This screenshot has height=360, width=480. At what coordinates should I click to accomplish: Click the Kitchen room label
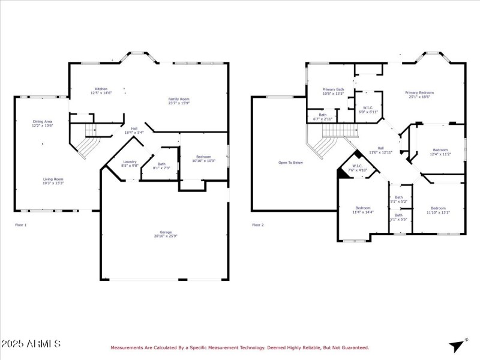coord(101,91)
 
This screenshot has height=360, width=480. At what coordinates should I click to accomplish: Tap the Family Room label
coord(178,101)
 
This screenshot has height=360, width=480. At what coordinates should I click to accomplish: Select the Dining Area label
coord(42,124)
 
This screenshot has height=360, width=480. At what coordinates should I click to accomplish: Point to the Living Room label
coord(53,181)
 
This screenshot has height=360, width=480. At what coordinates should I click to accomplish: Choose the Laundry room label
coord(130,163)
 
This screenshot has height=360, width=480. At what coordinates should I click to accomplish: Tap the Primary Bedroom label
coord(419,95)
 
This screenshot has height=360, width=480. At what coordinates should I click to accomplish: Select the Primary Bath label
coord(333,91)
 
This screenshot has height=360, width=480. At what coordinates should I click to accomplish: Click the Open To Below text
coord(290,163)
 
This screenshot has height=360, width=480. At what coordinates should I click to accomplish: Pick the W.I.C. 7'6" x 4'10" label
coord(358,169)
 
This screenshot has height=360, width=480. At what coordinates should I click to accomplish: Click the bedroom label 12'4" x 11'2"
coord(440,152)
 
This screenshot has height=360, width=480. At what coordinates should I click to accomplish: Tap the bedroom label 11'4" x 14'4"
coord(362,210)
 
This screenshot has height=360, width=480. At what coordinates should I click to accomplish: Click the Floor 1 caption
coord(21,225)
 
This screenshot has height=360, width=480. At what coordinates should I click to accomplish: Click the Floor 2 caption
coord(257,225)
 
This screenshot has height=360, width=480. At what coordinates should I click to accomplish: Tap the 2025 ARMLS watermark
coord(31,344)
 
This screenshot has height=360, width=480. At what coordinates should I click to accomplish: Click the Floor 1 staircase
coord(87,142)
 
